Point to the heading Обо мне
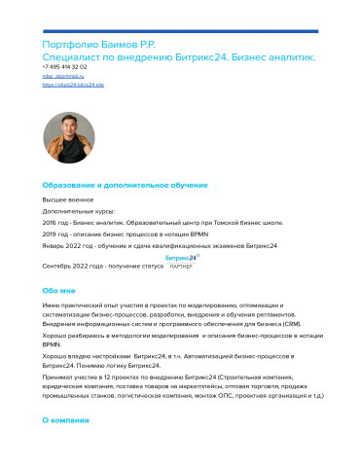click(x=59, y=290)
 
